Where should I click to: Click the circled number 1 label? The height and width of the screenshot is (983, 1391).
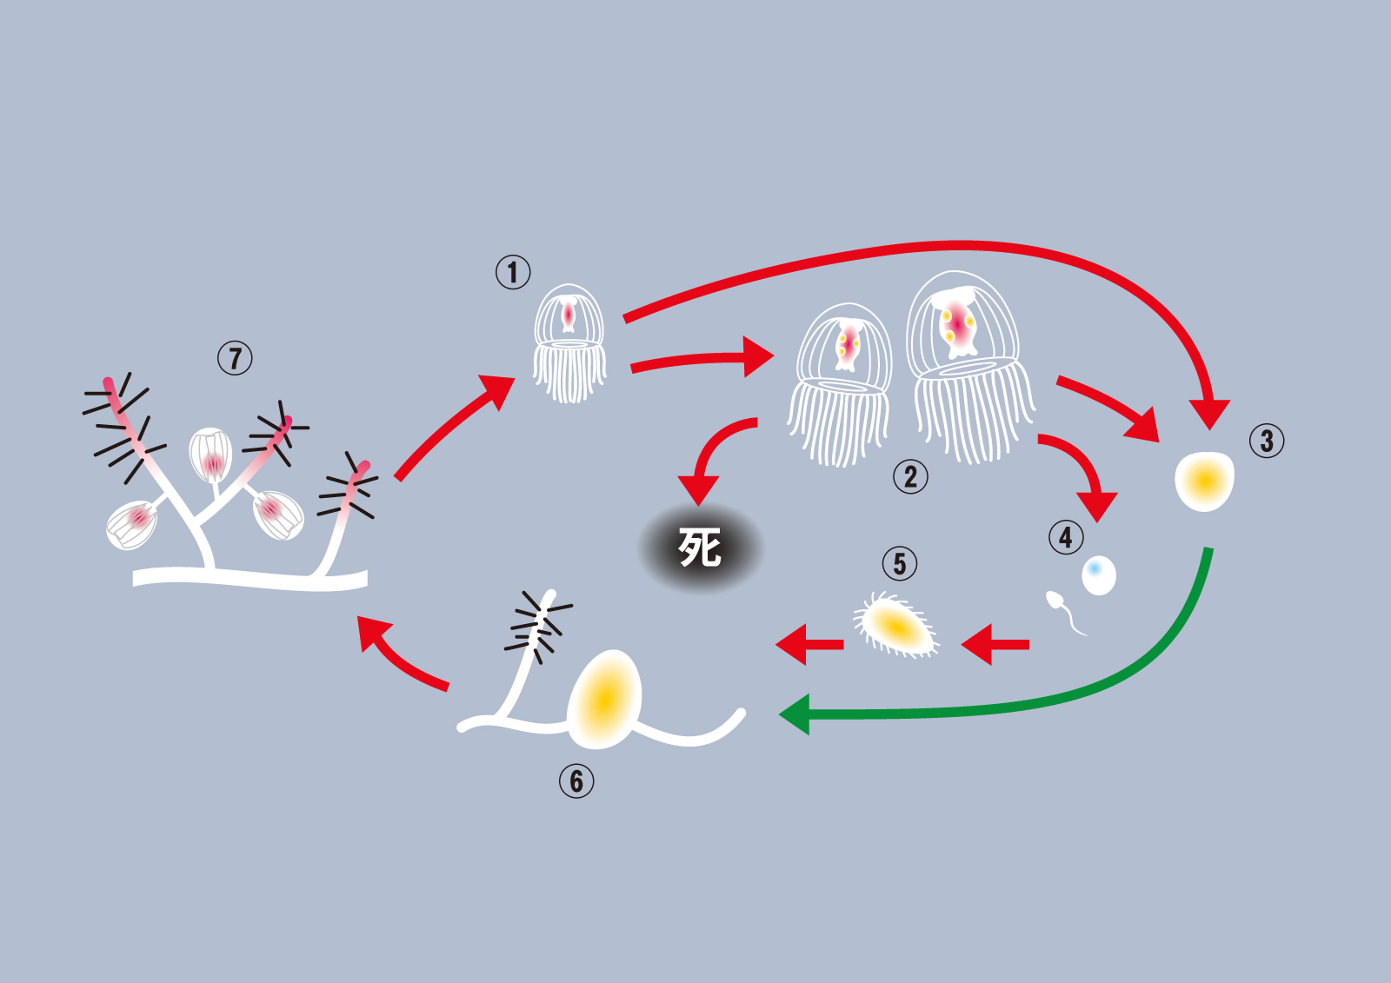tap(513, 272)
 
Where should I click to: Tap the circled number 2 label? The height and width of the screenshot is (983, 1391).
tap(910, 476)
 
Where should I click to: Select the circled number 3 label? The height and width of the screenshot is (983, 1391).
tap(1267, 441)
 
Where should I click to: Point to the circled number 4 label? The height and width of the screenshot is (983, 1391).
tap(1066, 537)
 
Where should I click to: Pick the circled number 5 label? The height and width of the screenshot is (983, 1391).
tap(900, 564)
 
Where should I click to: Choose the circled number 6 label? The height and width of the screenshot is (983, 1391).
tap(576, 780)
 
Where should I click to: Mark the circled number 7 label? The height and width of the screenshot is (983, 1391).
tap(235, 357)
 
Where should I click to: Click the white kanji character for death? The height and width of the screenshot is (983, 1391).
tap(700, 548)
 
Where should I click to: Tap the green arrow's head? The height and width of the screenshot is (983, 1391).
tap(795, 714)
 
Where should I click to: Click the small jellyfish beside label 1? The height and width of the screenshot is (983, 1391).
tap(569, 344)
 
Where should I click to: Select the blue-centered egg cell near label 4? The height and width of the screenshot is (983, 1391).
tap(1099, 575)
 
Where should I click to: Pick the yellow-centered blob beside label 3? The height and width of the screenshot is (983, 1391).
tap(1205, 481)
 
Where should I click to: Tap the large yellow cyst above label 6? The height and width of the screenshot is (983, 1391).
tap(605, 699)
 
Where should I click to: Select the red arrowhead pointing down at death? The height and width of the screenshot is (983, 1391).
tap(698, 491)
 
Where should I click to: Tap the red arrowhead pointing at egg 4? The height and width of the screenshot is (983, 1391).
tap(1097, 506)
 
